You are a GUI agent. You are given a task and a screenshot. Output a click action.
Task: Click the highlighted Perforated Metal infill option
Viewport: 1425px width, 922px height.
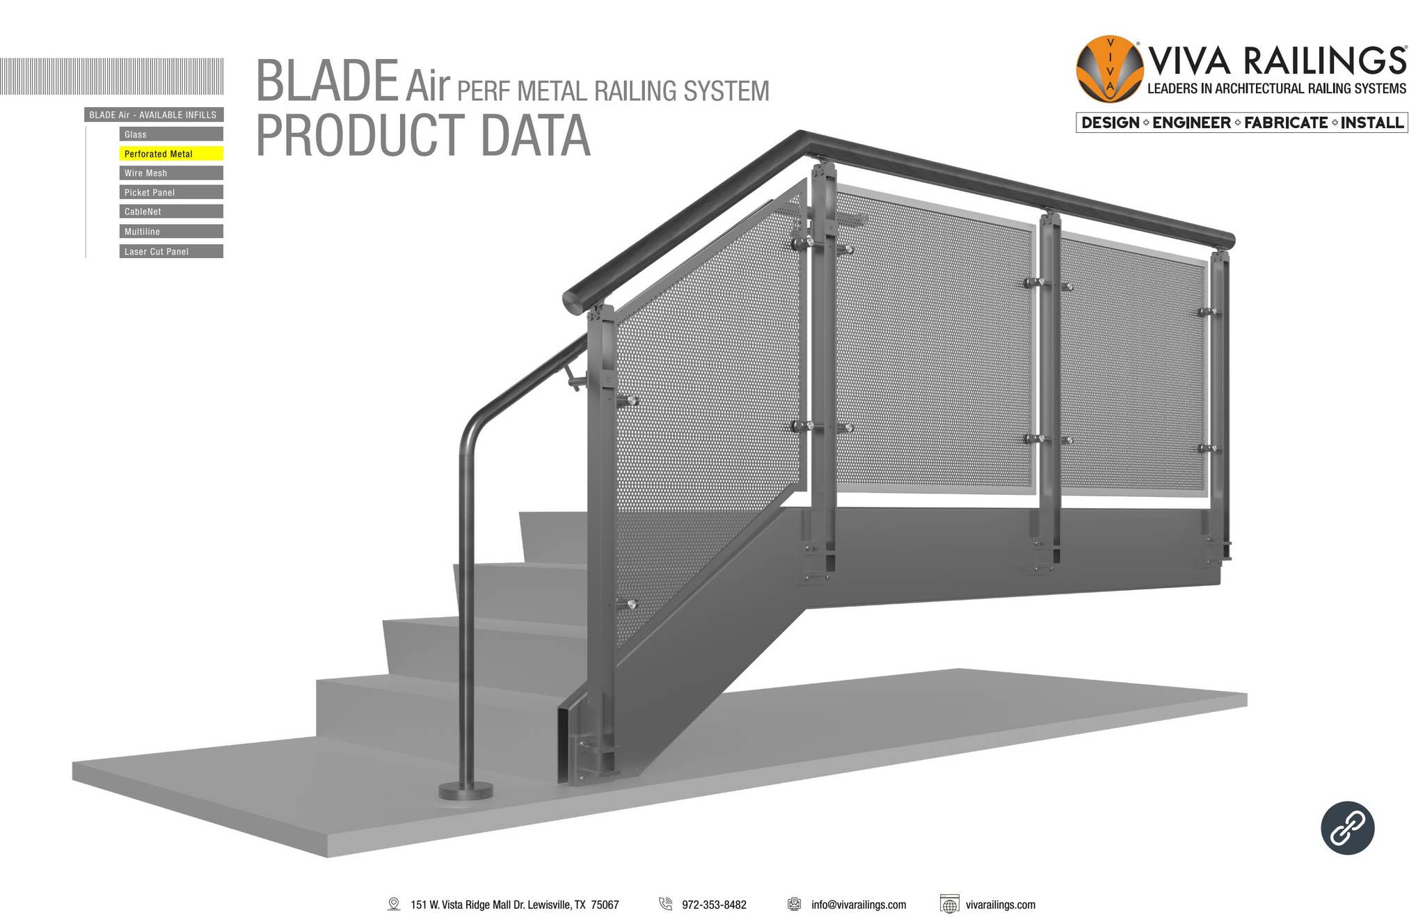point(170,154)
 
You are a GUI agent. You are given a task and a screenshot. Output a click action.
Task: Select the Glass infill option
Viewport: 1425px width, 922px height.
point(170,134)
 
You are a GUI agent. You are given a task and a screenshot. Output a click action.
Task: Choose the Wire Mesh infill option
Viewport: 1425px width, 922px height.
point(170,173)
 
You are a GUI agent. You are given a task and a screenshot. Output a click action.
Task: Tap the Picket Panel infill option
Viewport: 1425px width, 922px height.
point(170,193)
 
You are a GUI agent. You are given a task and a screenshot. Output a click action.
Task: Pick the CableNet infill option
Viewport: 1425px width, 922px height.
point(170,212)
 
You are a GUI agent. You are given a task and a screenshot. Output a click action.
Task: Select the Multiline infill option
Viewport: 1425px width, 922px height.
point(170,232)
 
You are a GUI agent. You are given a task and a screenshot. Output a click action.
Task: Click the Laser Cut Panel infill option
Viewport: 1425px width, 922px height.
point(170,251)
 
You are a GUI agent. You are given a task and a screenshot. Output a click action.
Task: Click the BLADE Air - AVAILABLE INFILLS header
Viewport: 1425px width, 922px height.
point(153,115)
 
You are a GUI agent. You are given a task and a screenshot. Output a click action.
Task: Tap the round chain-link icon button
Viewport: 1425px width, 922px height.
point(1347,827)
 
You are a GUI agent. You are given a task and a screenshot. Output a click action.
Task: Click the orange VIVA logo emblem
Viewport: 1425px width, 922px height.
point(1109,69)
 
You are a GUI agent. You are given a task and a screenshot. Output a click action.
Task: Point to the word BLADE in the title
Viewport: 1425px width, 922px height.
point(327,81)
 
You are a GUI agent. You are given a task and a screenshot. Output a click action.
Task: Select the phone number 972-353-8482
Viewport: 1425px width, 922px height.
point(714,905)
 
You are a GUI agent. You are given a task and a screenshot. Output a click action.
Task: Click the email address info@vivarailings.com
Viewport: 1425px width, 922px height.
point(858,905)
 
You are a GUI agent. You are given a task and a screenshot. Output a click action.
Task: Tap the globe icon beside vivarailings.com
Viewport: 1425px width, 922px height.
point(949,904)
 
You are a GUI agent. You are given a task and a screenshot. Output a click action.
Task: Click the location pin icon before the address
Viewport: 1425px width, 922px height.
point(394,904)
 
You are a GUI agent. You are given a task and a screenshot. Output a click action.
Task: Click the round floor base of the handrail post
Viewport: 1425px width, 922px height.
point(465,790)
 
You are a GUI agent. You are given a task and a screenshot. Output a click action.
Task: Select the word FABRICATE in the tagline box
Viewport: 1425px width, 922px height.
point(1286,123)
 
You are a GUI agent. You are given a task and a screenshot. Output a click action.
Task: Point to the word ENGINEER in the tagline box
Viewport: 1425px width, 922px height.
point(1191,123)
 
